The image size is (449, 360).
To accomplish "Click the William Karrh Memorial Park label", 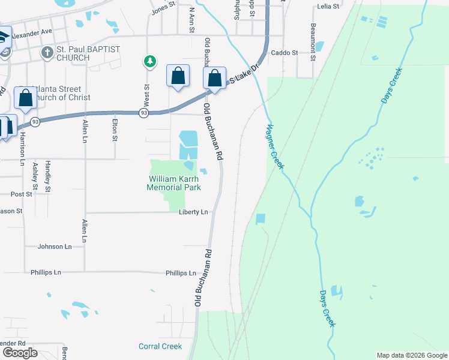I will point(173,183).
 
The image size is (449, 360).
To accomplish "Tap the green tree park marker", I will point(149,61).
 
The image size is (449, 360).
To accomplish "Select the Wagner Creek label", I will point(274,146).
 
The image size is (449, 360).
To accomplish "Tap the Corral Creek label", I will point(160,346).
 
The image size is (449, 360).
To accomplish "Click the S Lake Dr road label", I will point(243,74).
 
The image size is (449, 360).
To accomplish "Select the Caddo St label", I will point(285,53).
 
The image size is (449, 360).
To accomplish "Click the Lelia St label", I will point(327,7).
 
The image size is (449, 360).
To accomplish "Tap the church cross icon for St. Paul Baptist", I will point(47,52).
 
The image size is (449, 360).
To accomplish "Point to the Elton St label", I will point(115,130).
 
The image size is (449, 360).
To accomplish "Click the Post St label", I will point(21,194).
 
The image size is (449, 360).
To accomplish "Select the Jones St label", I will point(163,7).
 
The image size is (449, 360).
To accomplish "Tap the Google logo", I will point(20,353).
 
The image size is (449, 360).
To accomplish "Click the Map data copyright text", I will point(412,355).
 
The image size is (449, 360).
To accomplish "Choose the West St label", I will point(146,93).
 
